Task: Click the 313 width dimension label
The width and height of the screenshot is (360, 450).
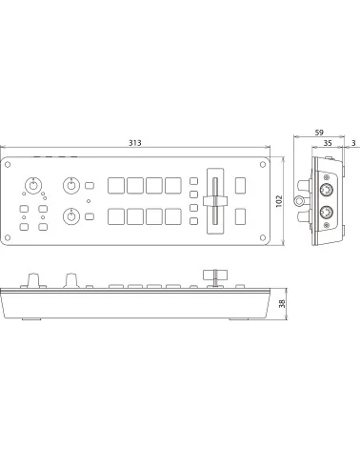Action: click(x=135, y=143)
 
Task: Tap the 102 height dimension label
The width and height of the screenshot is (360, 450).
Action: click(x=279, y=201)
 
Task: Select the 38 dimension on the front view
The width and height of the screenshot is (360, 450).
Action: click(x=282, y=303)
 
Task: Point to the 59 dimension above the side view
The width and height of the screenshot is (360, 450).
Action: click(x=319, y=133)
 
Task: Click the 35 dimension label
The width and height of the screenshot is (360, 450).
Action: click(x=328, y=143)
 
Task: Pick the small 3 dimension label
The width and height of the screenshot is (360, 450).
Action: click(x=353, y=143)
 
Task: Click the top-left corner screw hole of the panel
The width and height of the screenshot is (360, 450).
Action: click(x=8, y=164)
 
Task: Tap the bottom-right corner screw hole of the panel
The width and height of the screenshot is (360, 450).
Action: click(x=263, y=237)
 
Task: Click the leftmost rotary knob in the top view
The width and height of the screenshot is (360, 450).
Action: click(x=33, y=185)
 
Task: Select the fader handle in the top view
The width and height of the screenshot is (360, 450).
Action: click(x=215, y=201)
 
